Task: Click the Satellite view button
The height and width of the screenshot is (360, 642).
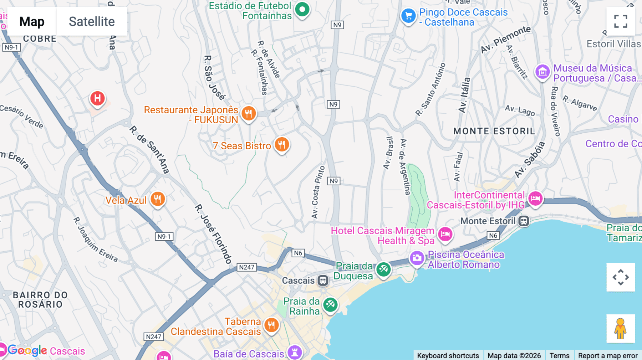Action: coord(92,21)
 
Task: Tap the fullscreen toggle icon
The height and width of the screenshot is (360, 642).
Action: coord(621,21)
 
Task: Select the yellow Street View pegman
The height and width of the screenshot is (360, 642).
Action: coord(620,328)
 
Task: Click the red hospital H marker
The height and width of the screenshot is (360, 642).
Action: coord(97,98)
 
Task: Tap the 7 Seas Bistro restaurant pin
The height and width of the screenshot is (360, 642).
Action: coord(282,144)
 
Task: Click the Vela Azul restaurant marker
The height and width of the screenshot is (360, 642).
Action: coord(157,199)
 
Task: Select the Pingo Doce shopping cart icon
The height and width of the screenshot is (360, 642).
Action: coord(408,16)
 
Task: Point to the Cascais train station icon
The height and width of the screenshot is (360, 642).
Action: coord(323,281)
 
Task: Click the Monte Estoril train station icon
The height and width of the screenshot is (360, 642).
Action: coord(524,221)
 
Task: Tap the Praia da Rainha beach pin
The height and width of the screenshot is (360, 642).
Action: coord(330,305)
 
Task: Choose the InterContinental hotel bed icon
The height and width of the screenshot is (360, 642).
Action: coord(535,199)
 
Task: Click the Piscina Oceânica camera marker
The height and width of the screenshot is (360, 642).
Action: coord(417,258)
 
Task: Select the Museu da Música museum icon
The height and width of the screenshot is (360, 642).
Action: coord(542,72)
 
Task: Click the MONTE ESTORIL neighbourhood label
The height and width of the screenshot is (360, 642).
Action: coord(494,131)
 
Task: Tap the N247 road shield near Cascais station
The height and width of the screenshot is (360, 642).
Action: coord(246,267)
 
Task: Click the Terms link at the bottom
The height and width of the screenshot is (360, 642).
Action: coord(559,355)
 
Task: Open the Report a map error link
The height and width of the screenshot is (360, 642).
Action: coord(607,355)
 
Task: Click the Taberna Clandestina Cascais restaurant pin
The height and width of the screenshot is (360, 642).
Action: coord(271,325)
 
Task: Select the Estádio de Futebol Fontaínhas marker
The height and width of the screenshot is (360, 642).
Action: coord(302,10)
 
